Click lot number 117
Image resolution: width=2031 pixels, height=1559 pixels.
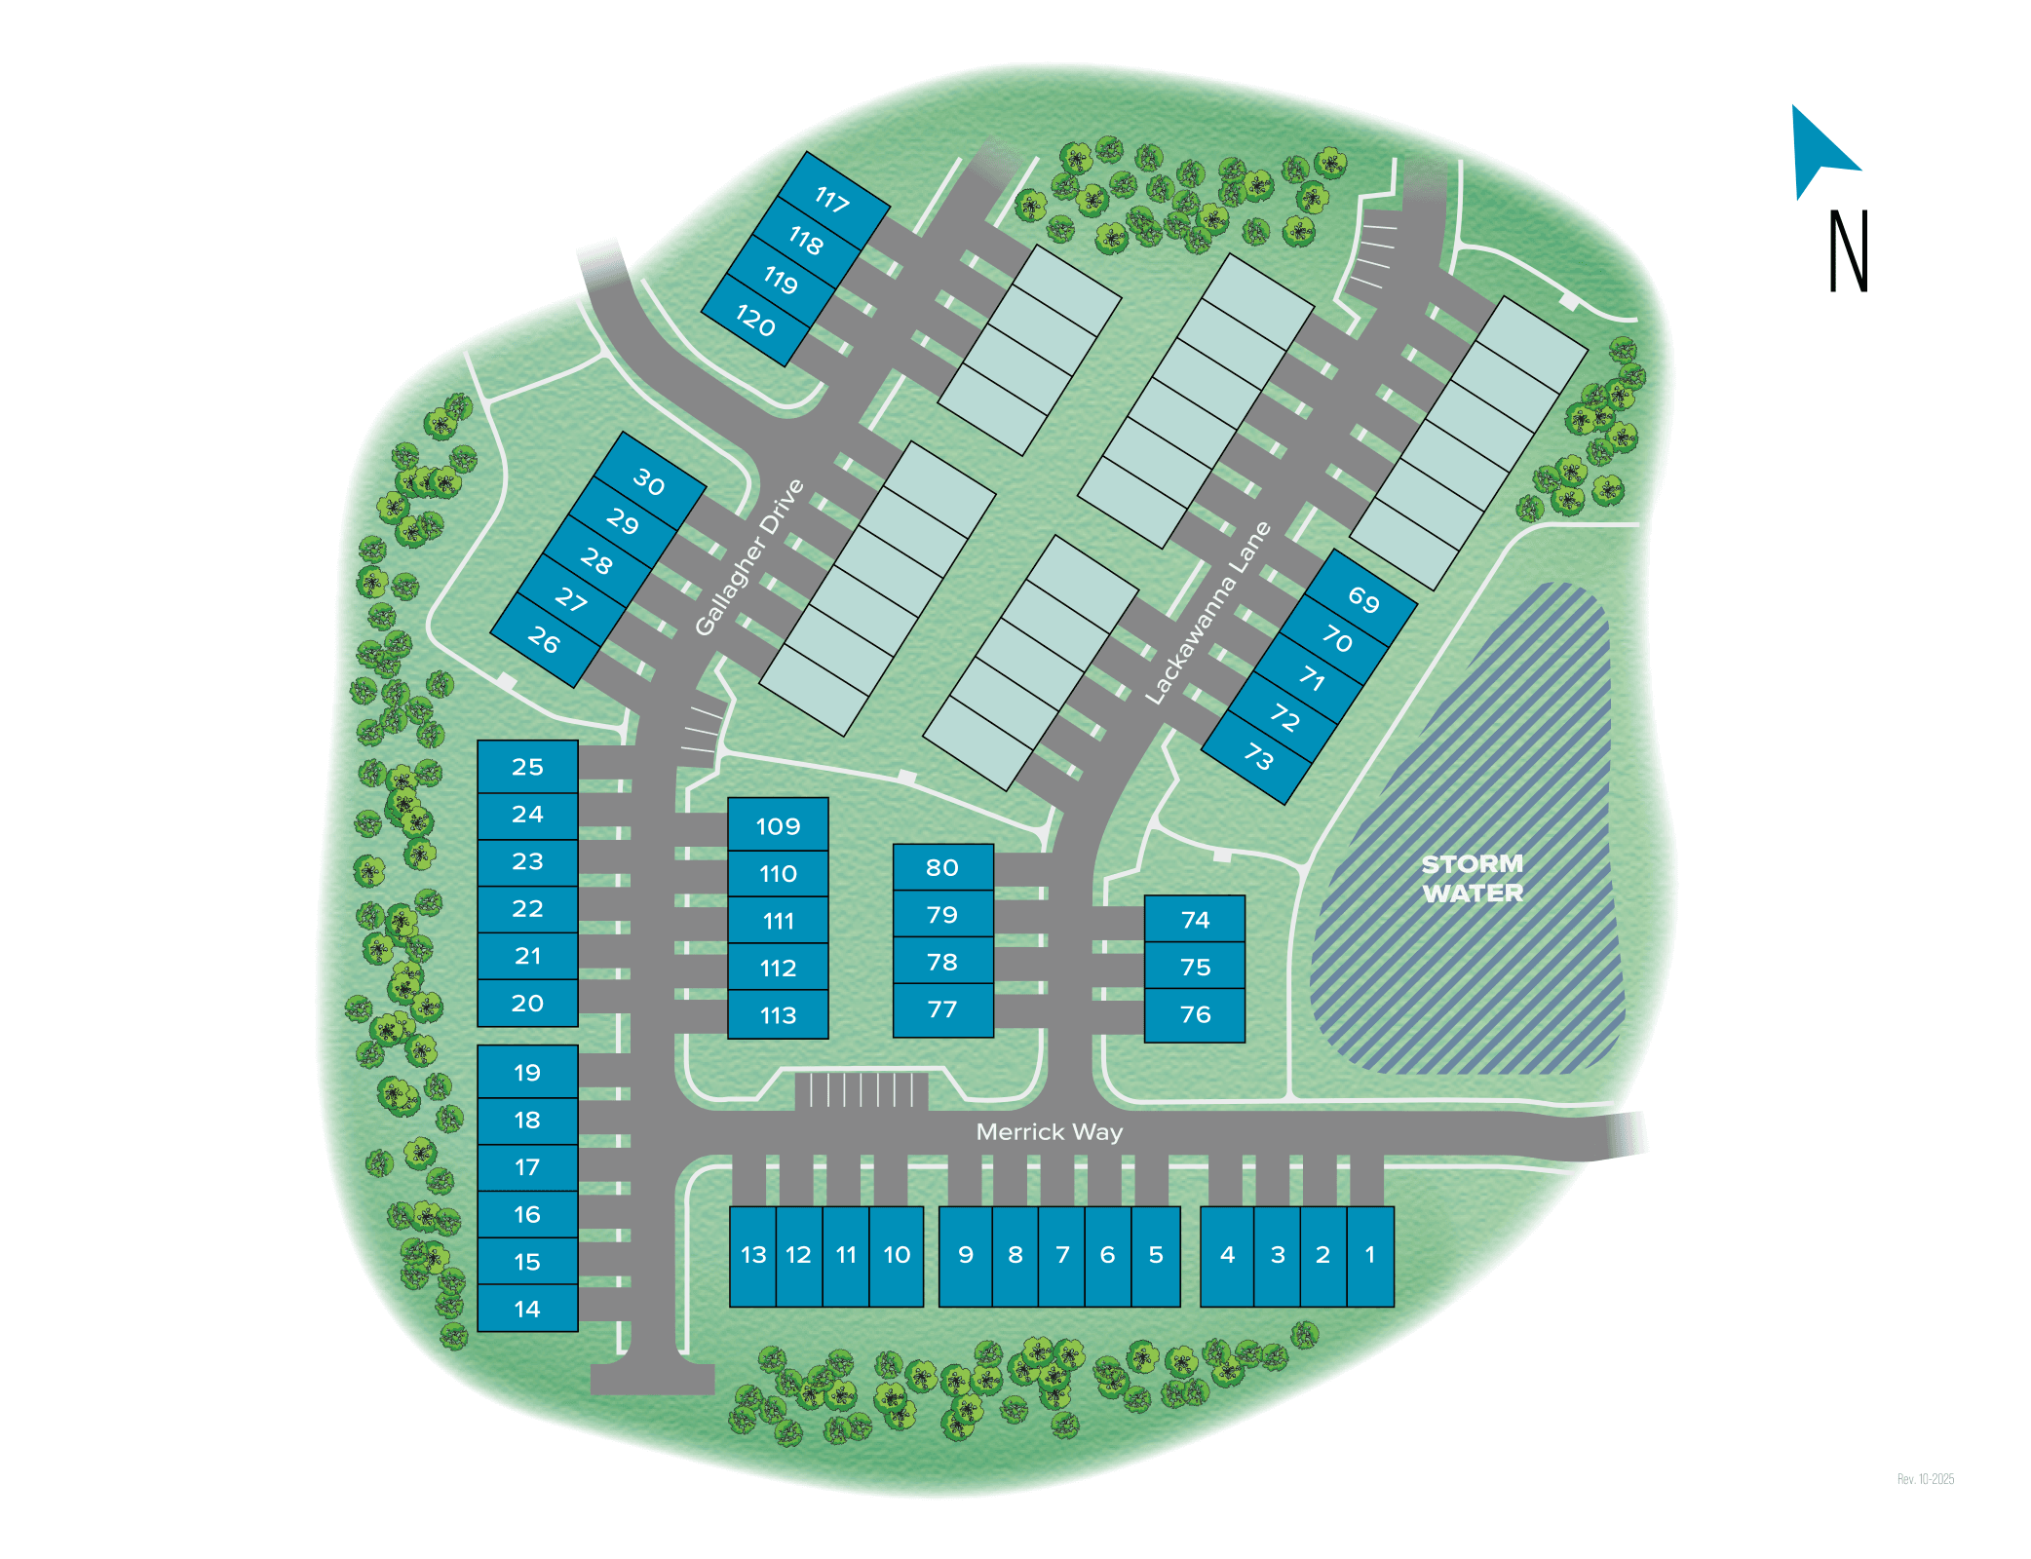point(832,200)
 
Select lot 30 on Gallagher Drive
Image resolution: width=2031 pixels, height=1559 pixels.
point(649,482)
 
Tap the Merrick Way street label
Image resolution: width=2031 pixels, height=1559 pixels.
point(1049,1131)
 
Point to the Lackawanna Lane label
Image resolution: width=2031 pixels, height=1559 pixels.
point(1208,613)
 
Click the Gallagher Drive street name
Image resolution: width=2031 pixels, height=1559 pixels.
point(749,557)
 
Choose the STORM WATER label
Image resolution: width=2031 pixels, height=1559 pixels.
point(1472,878)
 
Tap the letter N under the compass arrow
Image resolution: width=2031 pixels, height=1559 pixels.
point(1848,251)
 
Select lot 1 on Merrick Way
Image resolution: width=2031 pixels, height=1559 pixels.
point(1370,1255)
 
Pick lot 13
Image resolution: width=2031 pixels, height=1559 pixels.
point(753,1255)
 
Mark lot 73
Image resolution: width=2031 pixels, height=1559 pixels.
point(1258,756)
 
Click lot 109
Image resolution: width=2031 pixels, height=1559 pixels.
point(778,826)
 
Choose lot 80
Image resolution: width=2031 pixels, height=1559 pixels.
point(942,867)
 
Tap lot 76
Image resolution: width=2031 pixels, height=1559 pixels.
point(1195,1014)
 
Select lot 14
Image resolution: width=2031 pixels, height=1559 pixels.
point(527,1309)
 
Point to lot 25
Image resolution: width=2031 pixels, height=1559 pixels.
point(527,767)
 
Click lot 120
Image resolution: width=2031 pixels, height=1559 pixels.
point(755,321)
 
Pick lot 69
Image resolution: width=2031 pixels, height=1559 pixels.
point(1363,599)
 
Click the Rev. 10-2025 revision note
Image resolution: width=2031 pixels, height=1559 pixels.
point(1925,1479)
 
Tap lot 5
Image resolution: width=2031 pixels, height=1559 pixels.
point(1156,1255)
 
